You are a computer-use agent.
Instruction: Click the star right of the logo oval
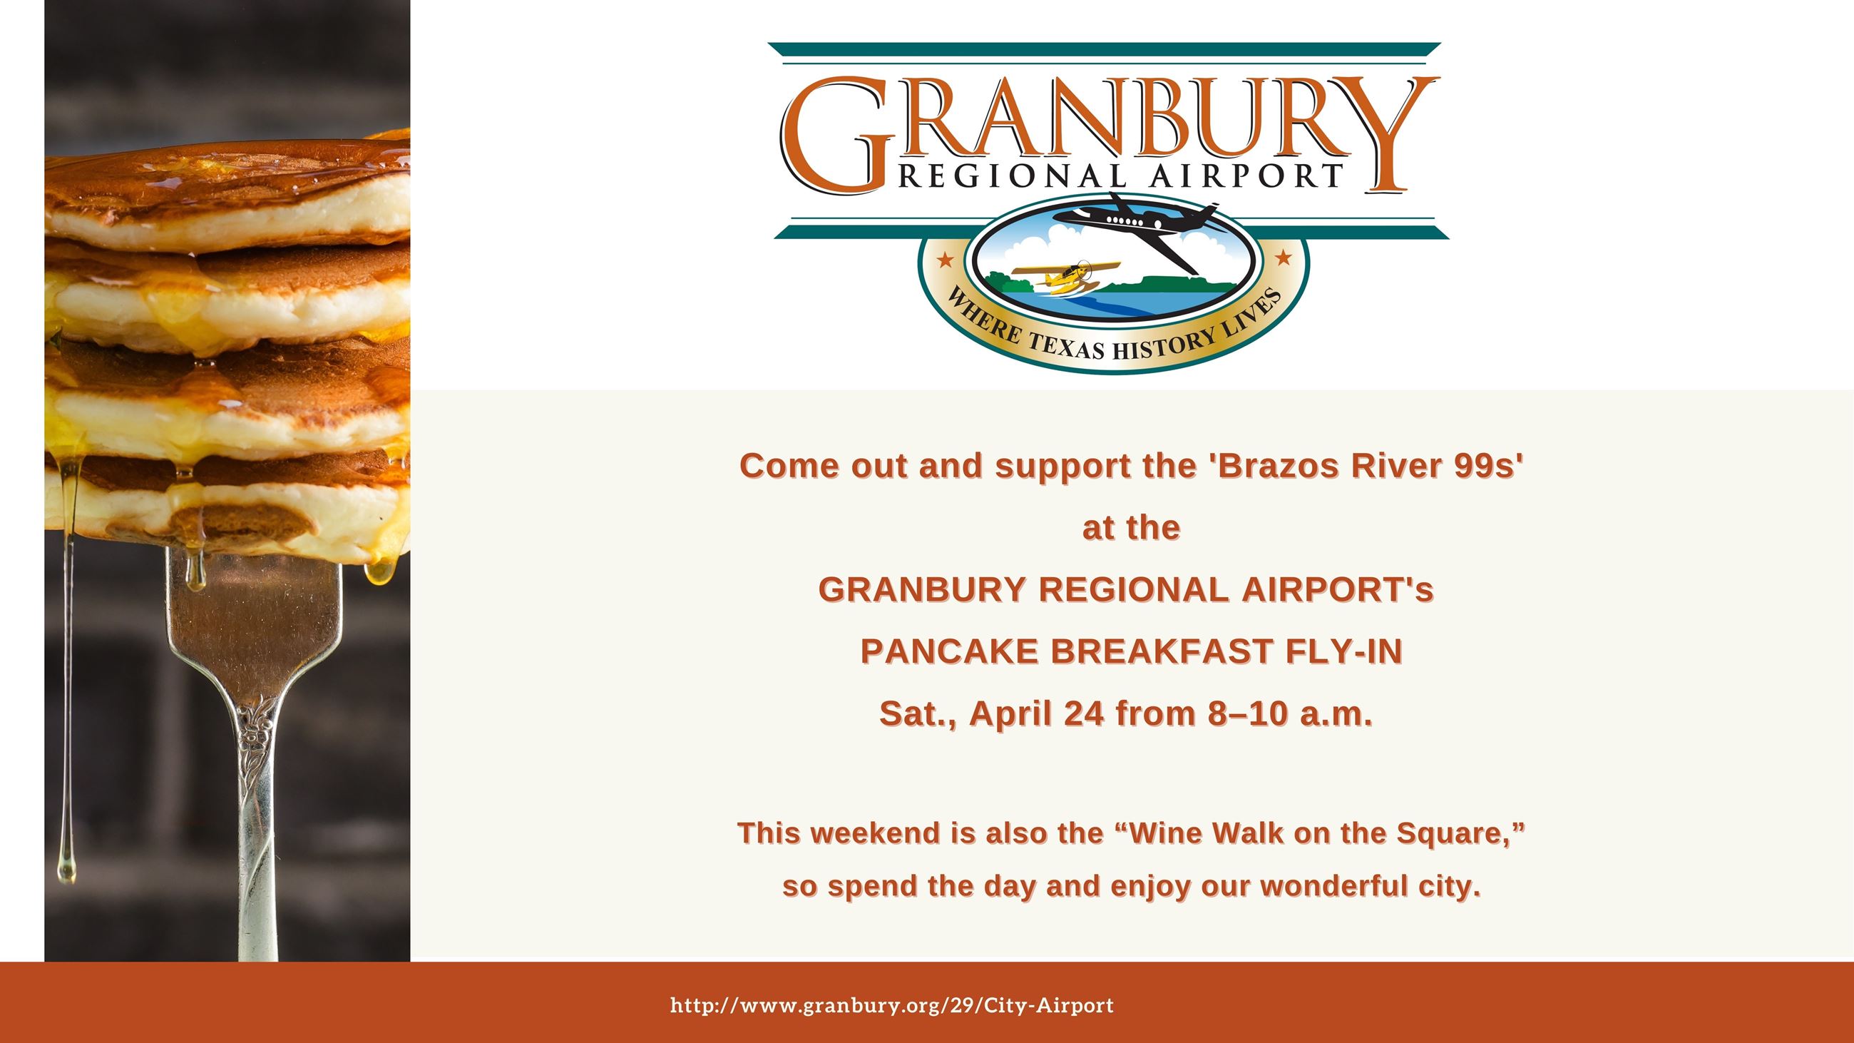1283,257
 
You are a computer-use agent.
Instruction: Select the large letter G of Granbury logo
835,137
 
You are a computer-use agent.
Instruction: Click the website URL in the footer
892,1006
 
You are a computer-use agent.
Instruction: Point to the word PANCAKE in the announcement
949,651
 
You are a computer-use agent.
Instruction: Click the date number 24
1084,714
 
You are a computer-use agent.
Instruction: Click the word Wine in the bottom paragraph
1166,833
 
